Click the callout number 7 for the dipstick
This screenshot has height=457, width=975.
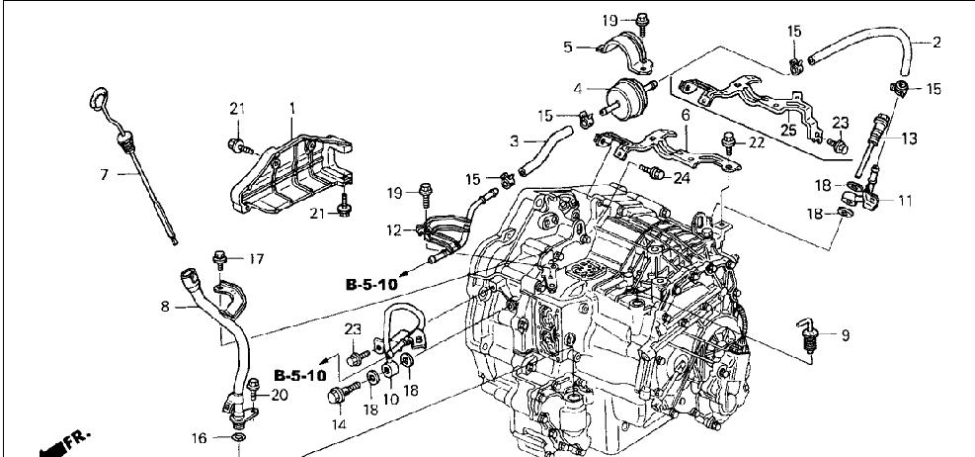click(x=105, y=174)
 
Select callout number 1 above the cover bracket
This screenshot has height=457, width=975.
click(x=291, y=109)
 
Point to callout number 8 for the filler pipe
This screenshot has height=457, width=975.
click(x=165, y=307)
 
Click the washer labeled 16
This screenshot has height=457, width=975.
click(x=238, y=439)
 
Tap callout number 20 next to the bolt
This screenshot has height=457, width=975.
click(x=280, y=396)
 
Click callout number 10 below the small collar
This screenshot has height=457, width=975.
click(x=390, y=399)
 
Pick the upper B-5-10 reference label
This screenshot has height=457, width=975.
click(x=371, y=285)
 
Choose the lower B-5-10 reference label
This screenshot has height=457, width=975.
click(x=300, y=376)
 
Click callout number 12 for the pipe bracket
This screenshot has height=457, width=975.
click(x=393, y=231)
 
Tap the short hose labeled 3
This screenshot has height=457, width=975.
click(x=546, y=149)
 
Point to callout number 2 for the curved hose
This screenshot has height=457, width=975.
click(x=936, y=43)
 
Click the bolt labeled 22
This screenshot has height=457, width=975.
click(x=728, y=142)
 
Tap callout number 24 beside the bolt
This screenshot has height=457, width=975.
click(x=683, y=179)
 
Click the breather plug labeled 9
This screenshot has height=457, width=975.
click(x=808, y=335)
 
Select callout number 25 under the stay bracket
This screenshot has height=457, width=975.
click(x=788, y=131)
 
